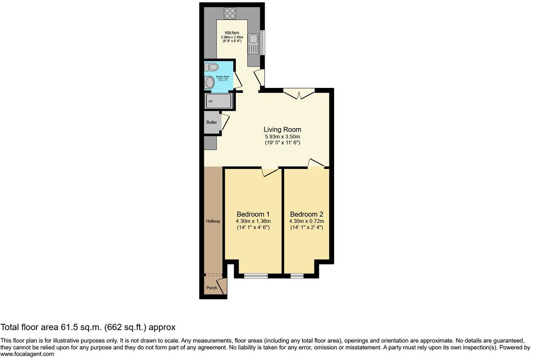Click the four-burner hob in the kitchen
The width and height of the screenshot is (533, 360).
pos(230,13)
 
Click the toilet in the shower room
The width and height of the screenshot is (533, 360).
pos(212,67)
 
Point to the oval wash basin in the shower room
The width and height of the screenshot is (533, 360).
pos(210,83)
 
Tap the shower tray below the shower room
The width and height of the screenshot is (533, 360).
pos(219,101)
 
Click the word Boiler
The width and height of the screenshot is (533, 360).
pos(212,122)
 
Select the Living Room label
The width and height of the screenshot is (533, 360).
pos(282,130)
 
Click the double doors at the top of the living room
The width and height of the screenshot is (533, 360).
pos(299,94)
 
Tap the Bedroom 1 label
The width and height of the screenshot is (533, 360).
pos(253,214)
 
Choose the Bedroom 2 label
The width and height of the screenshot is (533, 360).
pos(307,214)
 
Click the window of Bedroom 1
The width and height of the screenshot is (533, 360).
pos(256,276)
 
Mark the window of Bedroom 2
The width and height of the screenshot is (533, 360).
pos(297,276)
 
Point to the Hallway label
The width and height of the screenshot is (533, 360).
pos(213,221)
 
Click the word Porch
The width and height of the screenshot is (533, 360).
pos(212,288)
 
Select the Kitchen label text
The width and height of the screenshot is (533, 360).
pos(232,33)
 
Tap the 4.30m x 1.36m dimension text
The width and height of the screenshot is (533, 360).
pos(253,221)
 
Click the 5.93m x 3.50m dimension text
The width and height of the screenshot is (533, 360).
pos(282,137)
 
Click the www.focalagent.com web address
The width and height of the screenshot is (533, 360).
pos(27,354)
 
